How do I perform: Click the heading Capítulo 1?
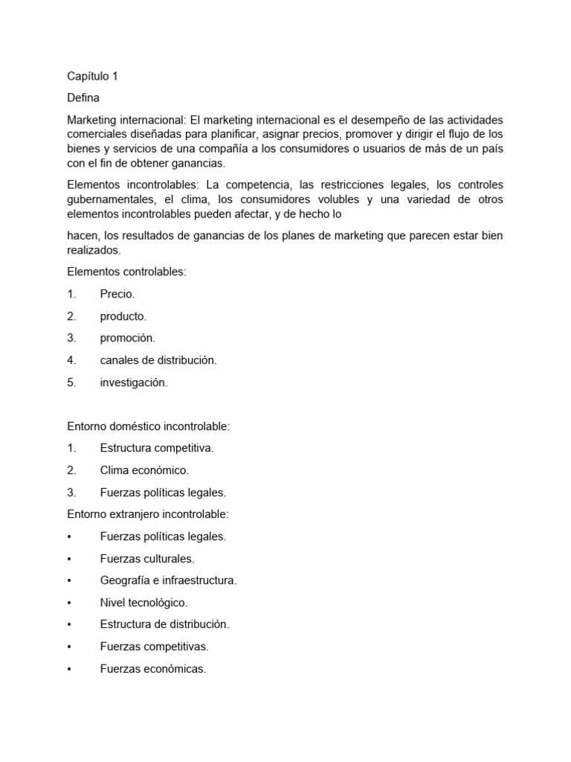click(x=92, y=76)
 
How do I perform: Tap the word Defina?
click(x=83, y=97)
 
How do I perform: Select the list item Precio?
click(x=117, y=294)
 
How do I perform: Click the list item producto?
click(x=123, y=316)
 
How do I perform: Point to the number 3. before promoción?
click(x=71, y=338)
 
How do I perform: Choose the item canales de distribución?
click(x=158, y=360)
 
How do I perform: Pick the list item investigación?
click(x=134, y=382)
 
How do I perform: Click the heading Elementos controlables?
click(x=126, y=272)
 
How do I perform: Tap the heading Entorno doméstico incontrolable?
click(x=149, y=426)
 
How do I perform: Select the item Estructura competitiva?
click(x=157, y=448)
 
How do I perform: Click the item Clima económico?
click(x=144, y=470)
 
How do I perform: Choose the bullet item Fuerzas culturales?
click(x=146, y=558)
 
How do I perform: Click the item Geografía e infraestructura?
click(x=168, y=580)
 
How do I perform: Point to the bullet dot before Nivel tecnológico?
click(x=69, y=603)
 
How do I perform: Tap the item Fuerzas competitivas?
click(x=154, y=647)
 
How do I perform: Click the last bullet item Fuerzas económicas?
click(x=152, y=669)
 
